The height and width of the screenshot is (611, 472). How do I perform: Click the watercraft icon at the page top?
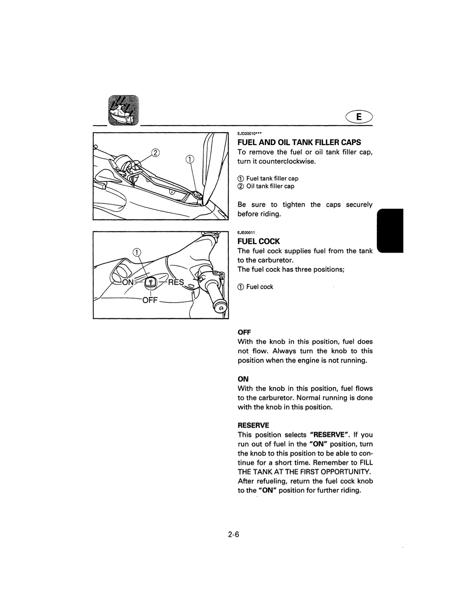[123, 110]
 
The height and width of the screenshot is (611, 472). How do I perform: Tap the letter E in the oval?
[359, 117]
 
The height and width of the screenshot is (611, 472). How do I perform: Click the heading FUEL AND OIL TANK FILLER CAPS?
[299, 142]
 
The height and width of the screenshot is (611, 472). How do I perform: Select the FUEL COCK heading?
[259, 241]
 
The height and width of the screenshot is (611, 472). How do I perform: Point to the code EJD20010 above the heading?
[249, 133]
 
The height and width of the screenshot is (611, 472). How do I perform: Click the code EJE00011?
[246, 233]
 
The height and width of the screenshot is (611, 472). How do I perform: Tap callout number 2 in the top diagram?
[155, 153]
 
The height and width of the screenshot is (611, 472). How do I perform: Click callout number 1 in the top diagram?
[190, 159]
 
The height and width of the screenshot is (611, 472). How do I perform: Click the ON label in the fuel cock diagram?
[128, 282]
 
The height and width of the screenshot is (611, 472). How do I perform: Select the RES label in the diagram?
[176, 282]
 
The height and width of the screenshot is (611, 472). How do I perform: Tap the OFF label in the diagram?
[150, 300]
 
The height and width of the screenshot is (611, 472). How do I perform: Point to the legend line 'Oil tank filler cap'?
[266, 186]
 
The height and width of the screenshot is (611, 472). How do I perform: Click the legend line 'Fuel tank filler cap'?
[268, 179]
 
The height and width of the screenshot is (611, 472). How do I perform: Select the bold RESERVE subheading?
[253, 425]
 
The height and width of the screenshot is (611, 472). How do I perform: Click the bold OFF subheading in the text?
[244, 332]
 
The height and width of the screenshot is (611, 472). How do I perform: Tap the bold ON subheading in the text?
[243, 379]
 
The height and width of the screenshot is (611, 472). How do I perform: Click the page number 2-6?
[234, 535]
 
